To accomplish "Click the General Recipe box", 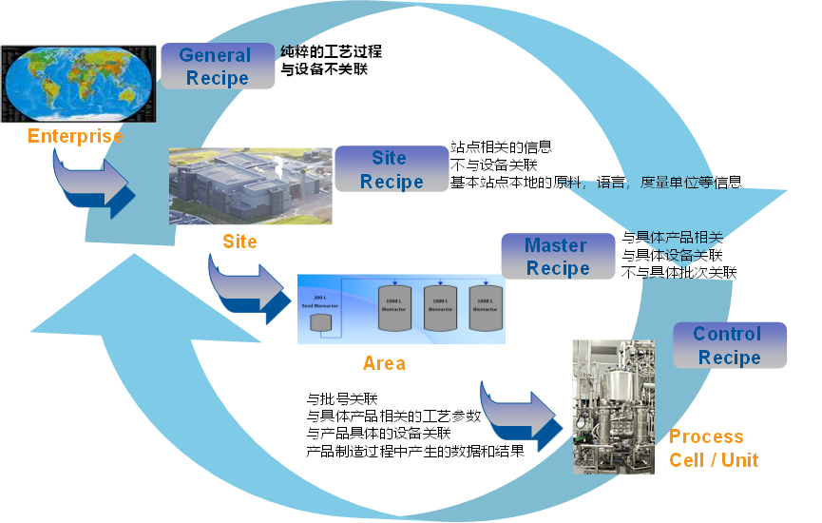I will coord(218,67).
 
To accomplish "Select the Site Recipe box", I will coord(391,169).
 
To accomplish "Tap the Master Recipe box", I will coord(558,257).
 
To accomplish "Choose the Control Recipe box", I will coord(729,345).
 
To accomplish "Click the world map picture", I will coord(79,84).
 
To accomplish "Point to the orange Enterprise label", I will coord(75,136).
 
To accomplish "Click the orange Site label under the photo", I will coord(239,242).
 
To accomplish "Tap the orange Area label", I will coord(384,362).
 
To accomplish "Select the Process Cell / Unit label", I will coord(714,448).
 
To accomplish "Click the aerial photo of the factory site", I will coord(250,186).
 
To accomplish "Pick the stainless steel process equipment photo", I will coord(613,406).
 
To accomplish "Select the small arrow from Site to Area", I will coord(250,284).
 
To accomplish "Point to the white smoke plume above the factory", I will coord(278,165).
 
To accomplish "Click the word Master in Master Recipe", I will coord(556,244).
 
